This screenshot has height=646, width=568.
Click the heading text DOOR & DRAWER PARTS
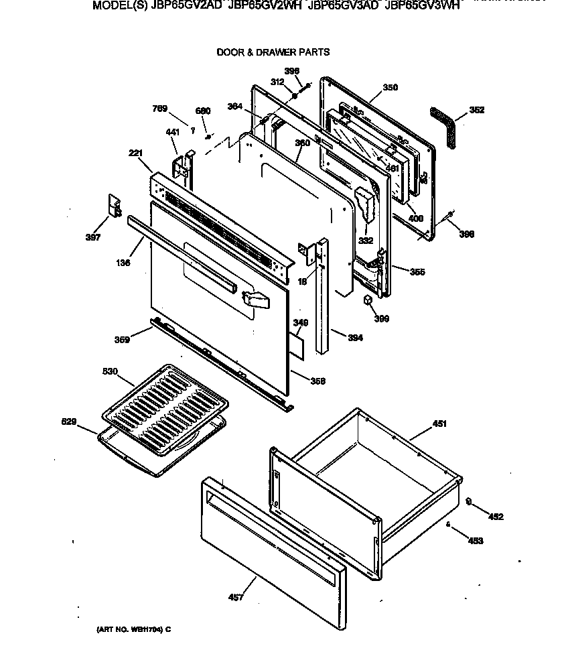coord(273,52)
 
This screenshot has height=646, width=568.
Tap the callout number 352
coord(476,110)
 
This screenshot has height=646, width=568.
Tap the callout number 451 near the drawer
coord(439,424)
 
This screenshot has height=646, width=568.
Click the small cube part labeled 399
coord(368,299)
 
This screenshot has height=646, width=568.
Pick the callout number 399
coord(381,318)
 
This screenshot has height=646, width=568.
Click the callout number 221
coord(137,153)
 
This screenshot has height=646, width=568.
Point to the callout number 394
coord(355,338)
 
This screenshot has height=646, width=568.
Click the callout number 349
coord(301,323)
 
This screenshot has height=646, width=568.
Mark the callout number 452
coord(495,517)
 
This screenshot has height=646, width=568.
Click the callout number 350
coord(390,88)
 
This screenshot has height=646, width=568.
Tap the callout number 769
coord(159,109)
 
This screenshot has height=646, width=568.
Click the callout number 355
coord(417,272)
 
